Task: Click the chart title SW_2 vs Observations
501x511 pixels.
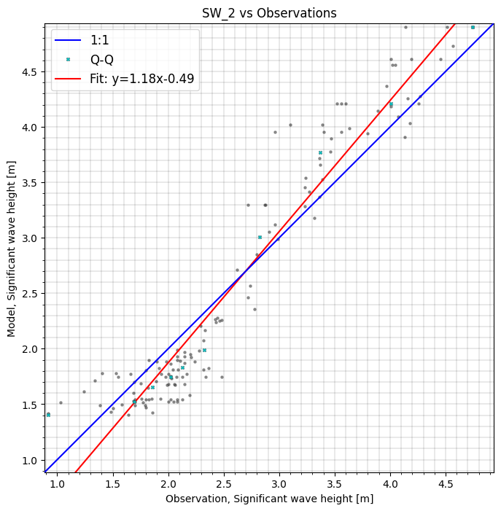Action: (269, 13)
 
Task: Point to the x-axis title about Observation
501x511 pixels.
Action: (269, 499)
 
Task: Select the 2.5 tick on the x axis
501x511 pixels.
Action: (224, 483)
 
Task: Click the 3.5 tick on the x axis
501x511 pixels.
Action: (335, 483)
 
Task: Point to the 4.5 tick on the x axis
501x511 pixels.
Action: (446, 483)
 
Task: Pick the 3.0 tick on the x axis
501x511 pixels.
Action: (279, 483)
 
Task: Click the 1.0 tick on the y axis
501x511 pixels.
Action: (29, 460)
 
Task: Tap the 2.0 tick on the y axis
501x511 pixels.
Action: (29, 349)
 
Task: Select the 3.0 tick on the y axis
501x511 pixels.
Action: (29, 238)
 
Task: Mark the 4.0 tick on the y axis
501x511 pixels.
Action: (29, 128)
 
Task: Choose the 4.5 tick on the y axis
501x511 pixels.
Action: (29, 72)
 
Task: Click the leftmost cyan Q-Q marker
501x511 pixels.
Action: (48, 415)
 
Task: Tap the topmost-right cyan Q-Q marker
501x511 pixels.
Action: (473, 27)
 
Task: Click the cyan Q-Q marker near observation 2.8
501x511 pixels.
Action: (260, 237)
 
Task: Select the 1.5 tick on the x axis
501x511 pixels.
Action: (113, 483)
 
